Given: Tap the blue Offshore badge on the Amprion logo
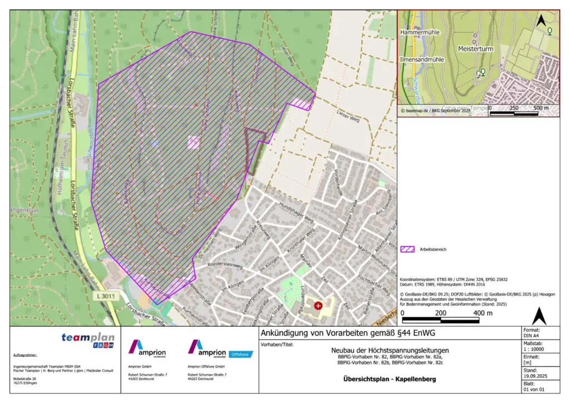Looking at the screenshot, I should click(x=240, y=354).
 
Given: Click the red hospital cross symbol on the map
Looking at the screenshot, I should click(x=318, y=305).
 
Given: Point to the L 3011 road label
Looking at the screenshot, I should click(x=104, y=297).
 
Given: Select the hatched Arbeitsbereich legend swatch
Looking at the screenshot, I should click(x=407, y=249).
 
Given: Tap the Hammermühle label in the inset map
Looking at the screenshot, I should click(x=419, y=33).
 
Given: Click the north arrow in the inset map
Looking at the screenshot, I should click(x=539, y=21).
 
